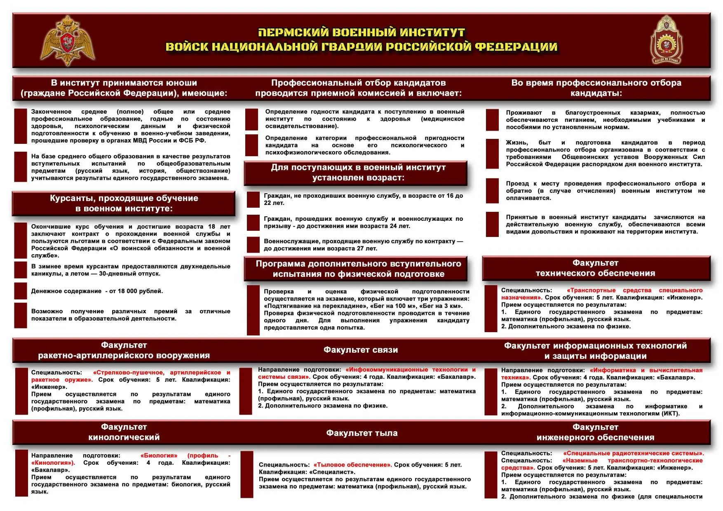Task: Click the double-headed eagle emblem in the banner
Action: [68, 41]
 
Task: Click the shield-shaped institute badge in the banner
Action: [666, 40]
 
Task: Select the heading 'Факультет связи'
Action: [361, 350]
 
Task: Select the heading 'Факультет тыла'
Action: [361, 433]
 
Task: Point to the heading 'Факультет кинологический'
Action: [124, 432]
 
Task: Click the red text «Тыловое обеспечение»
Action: [353, 465]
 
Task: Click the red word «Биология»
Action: [159, 455]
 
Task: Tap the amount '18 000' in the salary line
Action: [127, 291]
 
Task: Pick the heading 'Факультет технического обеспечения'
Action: [595, 268]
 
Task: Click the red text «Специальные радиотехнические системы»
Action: [633, 453]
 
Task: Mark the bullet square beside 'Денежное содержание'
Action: [21, 291]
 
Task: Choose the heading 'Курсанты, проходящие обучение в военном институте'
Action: [124, 203]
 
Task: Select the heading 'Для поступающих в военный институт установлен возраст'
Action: [358, 172]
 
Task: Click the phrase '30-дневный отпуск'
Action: [129, 274]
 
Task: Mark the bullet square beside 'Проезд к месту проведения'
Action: [492, 191]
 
